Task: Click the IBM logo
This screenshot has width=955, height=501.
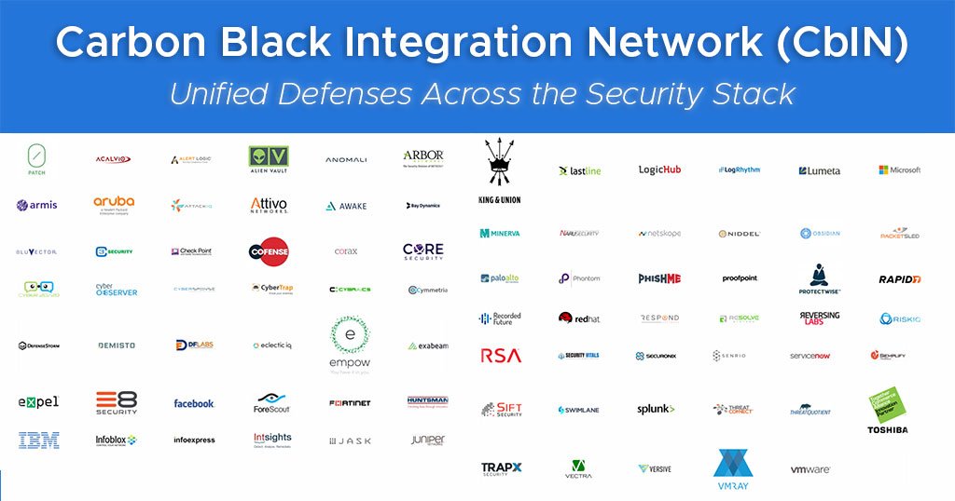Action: click(x=38, y=440)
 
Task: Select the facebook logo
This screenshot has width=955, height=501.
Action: click(x=194, y=403)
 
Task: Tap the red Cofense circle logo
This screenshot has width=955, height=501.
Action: click(x=269, y=251)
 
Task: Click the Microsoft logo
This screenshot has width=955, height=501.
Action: click(x=899, y=170)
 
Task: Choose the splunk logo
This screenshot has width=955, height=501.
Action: click(x=656, y=409)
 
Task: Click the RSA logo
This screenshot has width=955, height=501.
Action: click(x=501, y=355)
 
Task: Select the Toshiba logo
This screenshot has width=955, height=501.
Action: click(x=887, y=411)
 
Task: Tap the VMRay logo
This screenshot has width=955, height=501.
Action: click(x=732, y=469)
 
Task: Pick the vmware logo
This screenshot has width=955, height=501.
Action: click(x=810, y=470)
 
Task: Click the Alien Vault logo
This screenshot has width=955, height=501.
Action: click(x=269, y=160)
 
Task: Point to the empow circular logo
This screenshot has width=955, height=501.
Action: click(x=350, y=345)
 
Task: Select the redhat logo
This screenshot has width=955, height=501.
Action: click(x=579, y=318)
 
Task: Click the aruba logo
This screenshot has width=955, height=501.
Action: click(x=114, y=204)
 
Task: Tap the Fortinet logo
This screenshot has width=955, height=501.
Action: click(x=350, y=403)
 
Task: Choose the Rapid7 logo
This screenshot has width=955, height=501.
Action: click(x=899, y=279)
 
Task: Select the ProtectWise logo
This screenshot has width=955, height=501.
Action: click(x=820, y=278)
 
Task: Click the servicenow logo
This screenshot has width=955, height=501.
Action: click(x=810, y=356)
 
